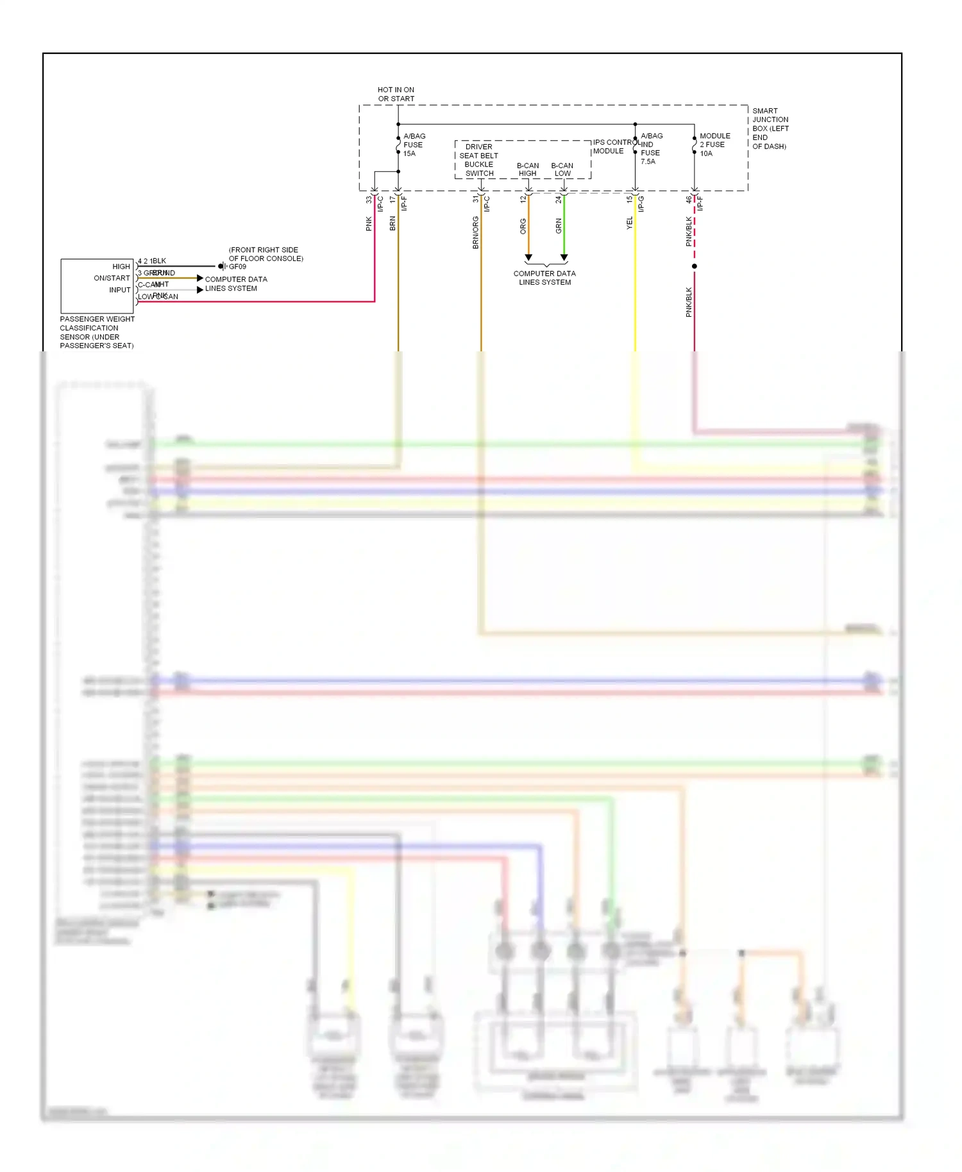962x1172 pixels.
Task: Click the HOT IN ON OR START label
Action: click(396, 94)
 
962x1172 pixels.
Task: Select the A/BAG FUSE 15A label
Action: click(414, 145)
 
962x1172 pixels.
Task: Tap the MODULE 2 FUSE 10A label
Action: click(714, 145)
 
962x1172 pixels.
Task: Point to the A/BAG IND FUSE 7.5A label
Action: click(651, 149)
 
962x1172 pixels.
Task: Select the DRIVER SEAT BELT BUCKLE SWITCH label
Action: click(479, 160)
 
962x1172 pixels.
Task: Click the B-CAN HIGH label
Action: click(528, 169)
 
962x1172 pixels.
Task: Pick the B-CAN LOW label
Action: click(562, 169)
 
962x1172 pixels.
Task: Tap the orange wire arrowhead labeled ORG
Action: click(528, 258)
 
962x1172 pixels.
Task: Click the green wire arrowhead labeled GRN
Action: click(564, 258)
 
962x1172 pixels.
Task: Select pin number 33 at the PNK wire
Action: click(369, 200)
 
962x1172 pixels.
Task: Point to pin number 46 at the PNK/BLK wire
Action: click(689, 200)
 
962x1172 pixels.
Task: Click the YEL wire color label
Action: click(630, 223)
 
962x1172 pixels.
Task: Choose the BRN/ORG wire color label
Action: click(475, 233)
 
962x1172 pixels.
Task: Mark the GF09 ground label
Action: click(237, 267)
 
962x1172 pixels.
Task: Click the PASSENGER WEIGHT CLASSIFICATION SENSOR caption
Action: click(97, 332)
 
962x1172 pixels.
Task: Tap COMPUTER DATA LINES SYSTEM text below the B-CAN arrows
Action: click(544, 278)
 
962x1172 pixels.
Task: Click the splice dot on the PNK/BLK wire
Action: click(695, 266)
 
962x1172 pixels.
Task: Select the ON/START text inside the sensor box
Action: click(112, 278)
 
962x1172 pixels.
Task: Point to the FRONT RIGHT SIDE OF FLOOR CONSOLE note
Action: click(266, 254)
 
